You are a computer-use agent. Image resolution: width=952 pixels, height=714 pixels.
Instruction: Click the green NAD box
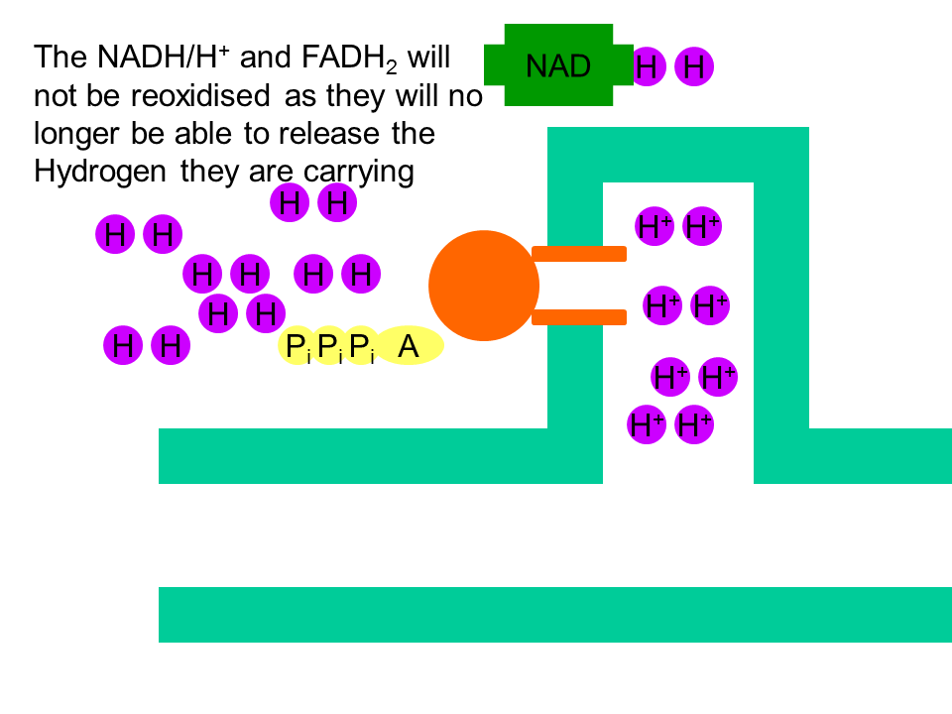[558, 65]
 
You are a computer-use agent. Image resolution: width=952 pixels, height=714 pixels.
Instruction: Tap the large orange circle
[484, 286]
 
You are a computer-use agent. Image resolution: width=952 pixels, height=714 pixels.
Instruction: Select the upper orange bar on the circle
[579, 254]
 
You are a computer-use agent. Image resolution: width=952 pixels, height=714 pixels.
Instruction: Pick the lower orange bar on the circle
[579, 317]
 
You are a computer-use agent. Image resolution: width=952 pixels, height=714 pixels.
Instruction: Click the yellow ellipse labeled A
[409, 345]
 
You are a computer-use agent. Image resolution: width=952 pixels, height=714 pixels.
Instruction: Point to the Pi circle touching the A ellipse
[361, 345]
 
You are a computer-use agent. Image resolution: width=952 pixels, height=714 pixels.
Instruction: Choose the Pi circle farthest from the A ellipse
[297, 345]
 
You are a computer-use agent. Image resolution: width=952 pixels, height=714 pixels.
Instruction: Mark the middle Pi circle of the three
[329, 345]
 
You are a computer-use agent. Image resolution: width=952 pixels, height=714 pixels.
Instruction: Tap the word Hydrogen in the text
[100, 172]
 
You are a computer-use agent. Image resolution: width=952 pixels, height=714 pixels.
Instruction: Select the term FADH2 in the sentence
[350, 59]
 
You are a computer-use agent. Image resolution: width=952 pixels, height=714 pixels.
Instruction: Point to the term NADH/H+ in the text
[164, 58]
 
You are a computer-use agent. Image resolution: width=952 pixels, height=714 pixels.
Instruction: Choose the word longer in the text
[76, 135]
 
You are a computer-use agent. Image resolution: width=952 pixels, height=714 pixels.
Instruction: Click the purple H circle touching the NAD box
[648, 66]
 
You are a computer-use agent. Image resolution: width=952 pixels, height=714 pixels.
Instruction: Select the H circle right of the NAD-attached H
[694, 66]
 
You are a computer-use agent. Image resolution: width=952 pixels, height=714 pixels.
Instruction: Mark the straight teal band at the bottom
[555, 615]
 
